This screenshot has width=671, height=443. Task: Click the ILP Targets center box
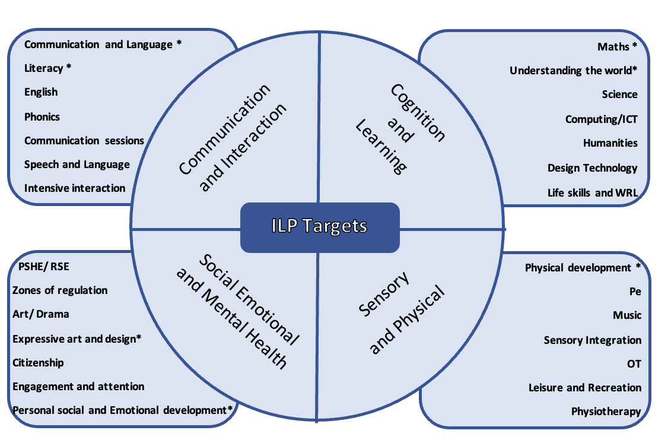pyautogui.click(x=320, y=226)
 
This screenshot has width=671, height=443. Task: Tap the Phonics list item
pyautogui.click(x=42, y=116)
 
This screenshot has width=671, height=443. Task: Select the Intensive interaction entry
pyautogui.click(x=75, y=188)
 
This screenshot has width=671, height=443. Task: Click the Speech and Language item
pyautogui.click(x=77, y=164)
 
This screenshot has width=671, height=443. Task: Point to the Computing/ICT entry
pyautogui.click(x=601, y=119)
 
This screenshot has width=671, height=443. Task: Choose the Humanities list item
pyautogui.click(x=610, y=143)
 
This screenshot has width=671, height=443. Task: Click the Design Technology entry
pyautogui.click(x=592, y=168)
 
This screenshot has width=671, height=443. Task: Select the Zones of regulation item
pyautogui.click(x=60, y=290)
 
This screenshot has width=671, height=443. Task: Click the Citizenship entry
pyautogui.click(x=38, y=362)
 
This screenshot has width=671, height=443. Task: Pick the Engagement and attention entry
pyautogui.click(x=78, y=387)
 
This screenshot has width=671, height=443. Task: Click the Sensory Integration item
pyautogui.click(x=592, y=340)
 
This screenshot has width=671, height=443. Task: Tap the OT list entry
pyautogui.click(x=634, y=364)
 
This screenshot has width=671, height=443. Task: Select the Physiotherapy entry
pyautogui.click(x=606, y=411)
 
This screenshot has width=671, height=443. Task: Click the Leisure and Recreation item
pyautogui.click(x=584, y=388)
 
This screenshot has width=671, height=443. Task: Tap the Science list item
pyautogui.click(x=619, y=94)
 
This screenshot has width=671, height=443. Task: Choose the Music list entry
pyautogui.click(x=627, y=315)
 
